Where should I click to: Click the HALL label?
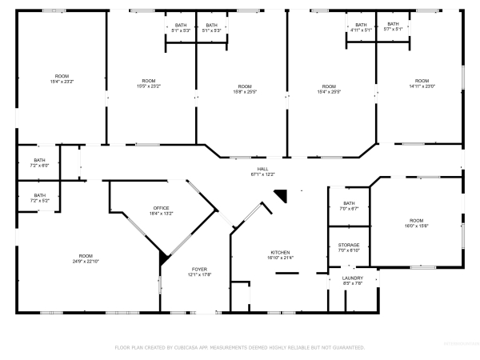pyautogui.click(x=263, y=169)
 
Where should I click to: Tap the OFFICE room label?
pyautogui.click(x=162, y=208)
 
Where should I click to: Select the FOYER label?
pyautogui.click(x=199, y=269)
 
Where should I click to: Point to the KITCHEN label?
pyautogui.click(x=279, y=252)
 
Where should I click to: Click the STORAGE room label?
pyautogui.click(x=348, y=245)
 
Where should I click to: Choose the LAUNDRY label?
pyautogui.click(x=353, y=278)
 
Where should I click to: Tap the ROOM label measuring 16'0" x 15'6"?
pyautogui.click(x=416, y=220)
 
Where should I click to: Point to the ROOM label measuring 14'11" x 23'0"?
pyautogui.click(x=422, y=81)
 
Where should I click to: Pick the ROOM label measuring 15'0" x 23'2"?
pyautogui.click(x=149, y=81)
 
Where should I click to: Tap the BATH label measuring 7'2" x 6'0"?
pyautogui.click(x=39, y=160)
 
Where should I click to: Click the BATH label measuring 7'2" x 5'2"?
pyautogui.click(x=39, y=195)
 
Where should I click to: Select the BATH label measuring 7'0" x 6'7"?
pyautogui.click(x=349, y=203)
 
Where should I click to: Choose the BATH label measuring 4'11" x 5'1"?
pyautogui.click(x=361, y=25)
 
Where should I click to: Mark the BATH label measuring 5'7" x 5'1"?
pyautogui.click(x=393, y=24)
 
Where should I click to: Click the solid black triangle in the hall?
pyautogui.click(x=280, y=194)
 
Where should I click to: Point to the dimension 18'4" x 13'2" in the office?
pyautogui.click(x=162, y=214)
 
